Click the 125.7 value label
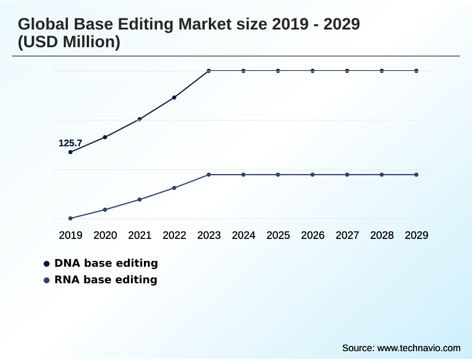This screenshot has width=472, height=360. (70, 143)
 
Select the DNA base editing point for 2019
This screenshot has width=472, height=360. (71, 152)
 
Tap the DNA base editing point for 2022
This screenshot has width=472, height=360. (174, 97)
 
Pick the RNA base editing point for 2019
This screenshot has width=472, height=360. (71, 218)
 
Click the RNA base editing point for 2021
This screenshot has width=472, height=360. (140, 199)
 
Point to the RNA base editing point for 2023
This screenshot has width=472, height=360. (209, 175)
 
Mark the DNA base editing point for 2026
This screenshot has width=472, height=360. (313, 71)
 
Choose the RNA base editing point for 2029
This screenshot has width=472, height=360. (417, 175)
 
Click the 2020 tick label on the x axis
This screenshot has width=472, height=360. (105, 235)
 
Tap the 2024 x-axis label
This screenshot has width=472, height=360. (243, 235)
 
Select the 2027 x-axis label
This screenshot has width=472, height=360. (347, 235)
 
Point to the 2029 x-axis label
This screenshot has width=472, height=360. (417, 235)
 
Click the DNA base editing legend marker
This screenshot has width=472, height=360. (47, 263)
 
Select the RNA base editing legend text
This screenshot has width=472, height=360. (106, 280)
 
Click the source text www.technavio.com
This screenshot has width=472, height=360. (419, 348)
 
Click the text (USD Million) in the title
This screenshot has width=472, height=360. (69, 42)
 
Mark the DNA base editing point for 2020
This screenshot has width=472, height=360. (105, 137)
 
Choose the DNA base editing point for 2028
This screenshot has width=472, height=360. (382, 71)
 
